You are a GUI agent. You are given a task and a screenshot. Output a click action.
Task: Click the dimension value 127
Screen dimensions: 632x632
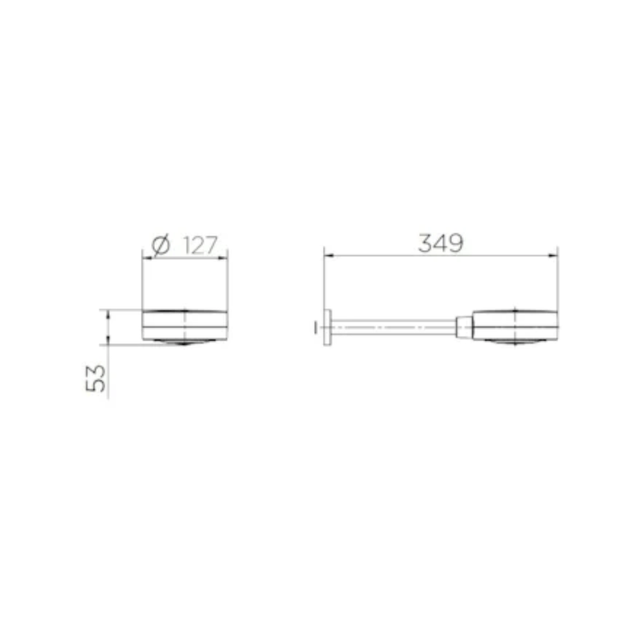pyautogui.click(x=201, y=245)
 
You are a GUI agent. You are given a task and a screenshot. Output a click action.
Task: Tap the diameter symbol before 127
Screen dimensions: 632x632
pyautogui.click(x=161, y=246)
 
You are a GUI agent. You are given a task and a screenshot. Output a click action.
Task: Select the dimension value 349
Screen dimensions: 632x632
pyautogui.click(x=441, y=243)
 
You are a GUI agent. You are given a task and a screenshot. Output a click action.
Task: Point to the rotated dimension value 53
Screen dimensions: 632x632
pyautogui.click(x=96, y=378)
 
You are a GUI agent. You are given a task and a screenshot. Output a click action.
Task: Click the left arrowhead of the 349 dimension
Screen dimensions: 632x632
pyautogui.click(x=329, y=255)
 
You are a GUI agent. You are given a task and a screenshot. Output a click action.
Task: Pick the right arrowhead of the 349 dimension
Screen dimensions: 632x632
pyautogui.click(x=552, y=255)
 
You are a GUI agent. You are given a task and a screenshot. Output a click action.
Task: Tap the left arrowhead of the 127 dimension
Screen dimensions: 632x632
pyautogui.click(x=148, y=258)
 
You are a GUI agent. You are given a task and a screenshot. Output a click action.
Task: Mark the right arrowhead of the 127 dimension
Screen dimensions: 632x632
pyautogui.click(x=223, y=258)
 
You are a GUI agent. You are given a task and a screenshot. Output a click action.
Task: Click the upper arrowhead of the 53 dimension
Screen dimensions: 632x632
pyautogui.click(x=107, y=314)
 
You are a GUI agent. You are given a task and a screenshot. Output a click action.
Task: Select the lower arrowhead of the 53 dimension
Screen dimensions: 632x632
pyautogui.click(x=107, y=340)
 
